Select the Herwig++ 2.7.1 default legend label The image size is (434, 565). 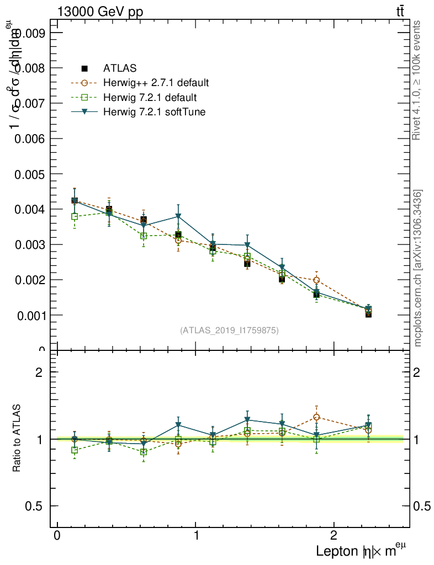(156, 83)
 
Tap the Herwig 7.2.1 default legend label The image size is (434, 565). (150, 98)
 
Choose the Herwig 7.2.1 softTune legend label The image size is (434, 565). (154, 112)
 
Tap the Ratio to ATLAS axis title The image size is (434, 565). (17, 439)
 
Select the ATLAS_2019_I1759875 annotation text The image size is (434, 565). (229, 331)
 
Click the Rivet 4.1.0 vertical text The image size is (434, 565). (417, 80)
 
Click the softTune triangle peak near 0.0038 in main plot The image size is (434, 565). (178, 216)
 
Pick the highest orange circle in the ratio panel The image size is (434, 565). (316, 417)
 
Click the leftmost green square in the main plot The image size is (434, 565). (75, 217)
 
